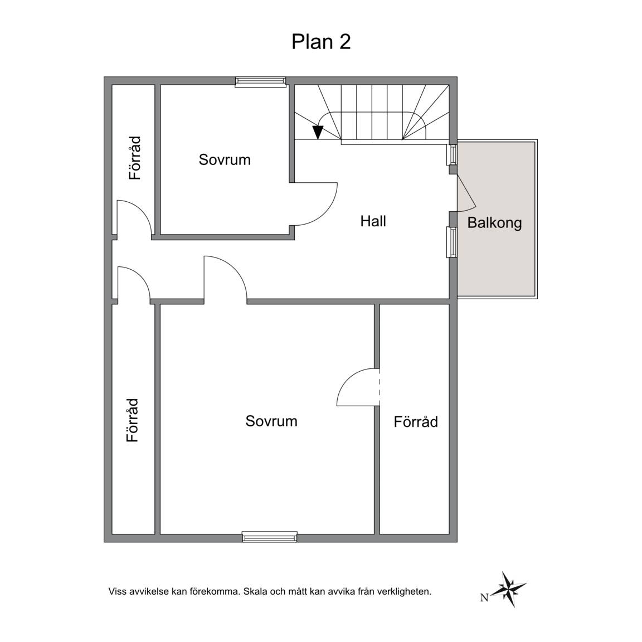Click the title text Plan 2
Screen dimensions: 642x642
point(321,41)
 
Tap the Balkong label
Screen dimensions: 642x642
point(495,223)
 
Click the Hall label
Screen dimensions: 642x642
point(373,221)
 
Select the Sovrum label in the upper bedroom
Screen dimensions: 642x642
point(225,160)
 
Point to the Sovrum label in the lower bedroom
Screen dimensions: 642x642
point(271,421)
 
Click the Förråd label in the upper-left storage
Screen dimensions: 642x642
point(135,158)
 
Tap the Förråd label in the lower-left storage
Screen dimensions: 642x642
point(133,420)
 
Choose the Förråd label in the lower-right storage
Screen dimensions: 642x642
point(416,422)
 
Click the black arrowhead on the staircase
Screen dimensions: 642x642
point(318,132)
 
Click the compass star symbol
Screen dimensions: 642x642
point(508,589)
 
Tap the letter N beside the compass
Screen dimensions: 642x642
point(484,598)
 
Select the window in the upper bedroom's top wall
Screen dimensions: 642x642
point(260,81)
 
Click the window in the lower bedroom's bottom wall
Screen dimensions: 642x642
point(269,536)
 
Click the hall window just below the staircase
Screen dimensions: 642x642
point(452,155)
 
